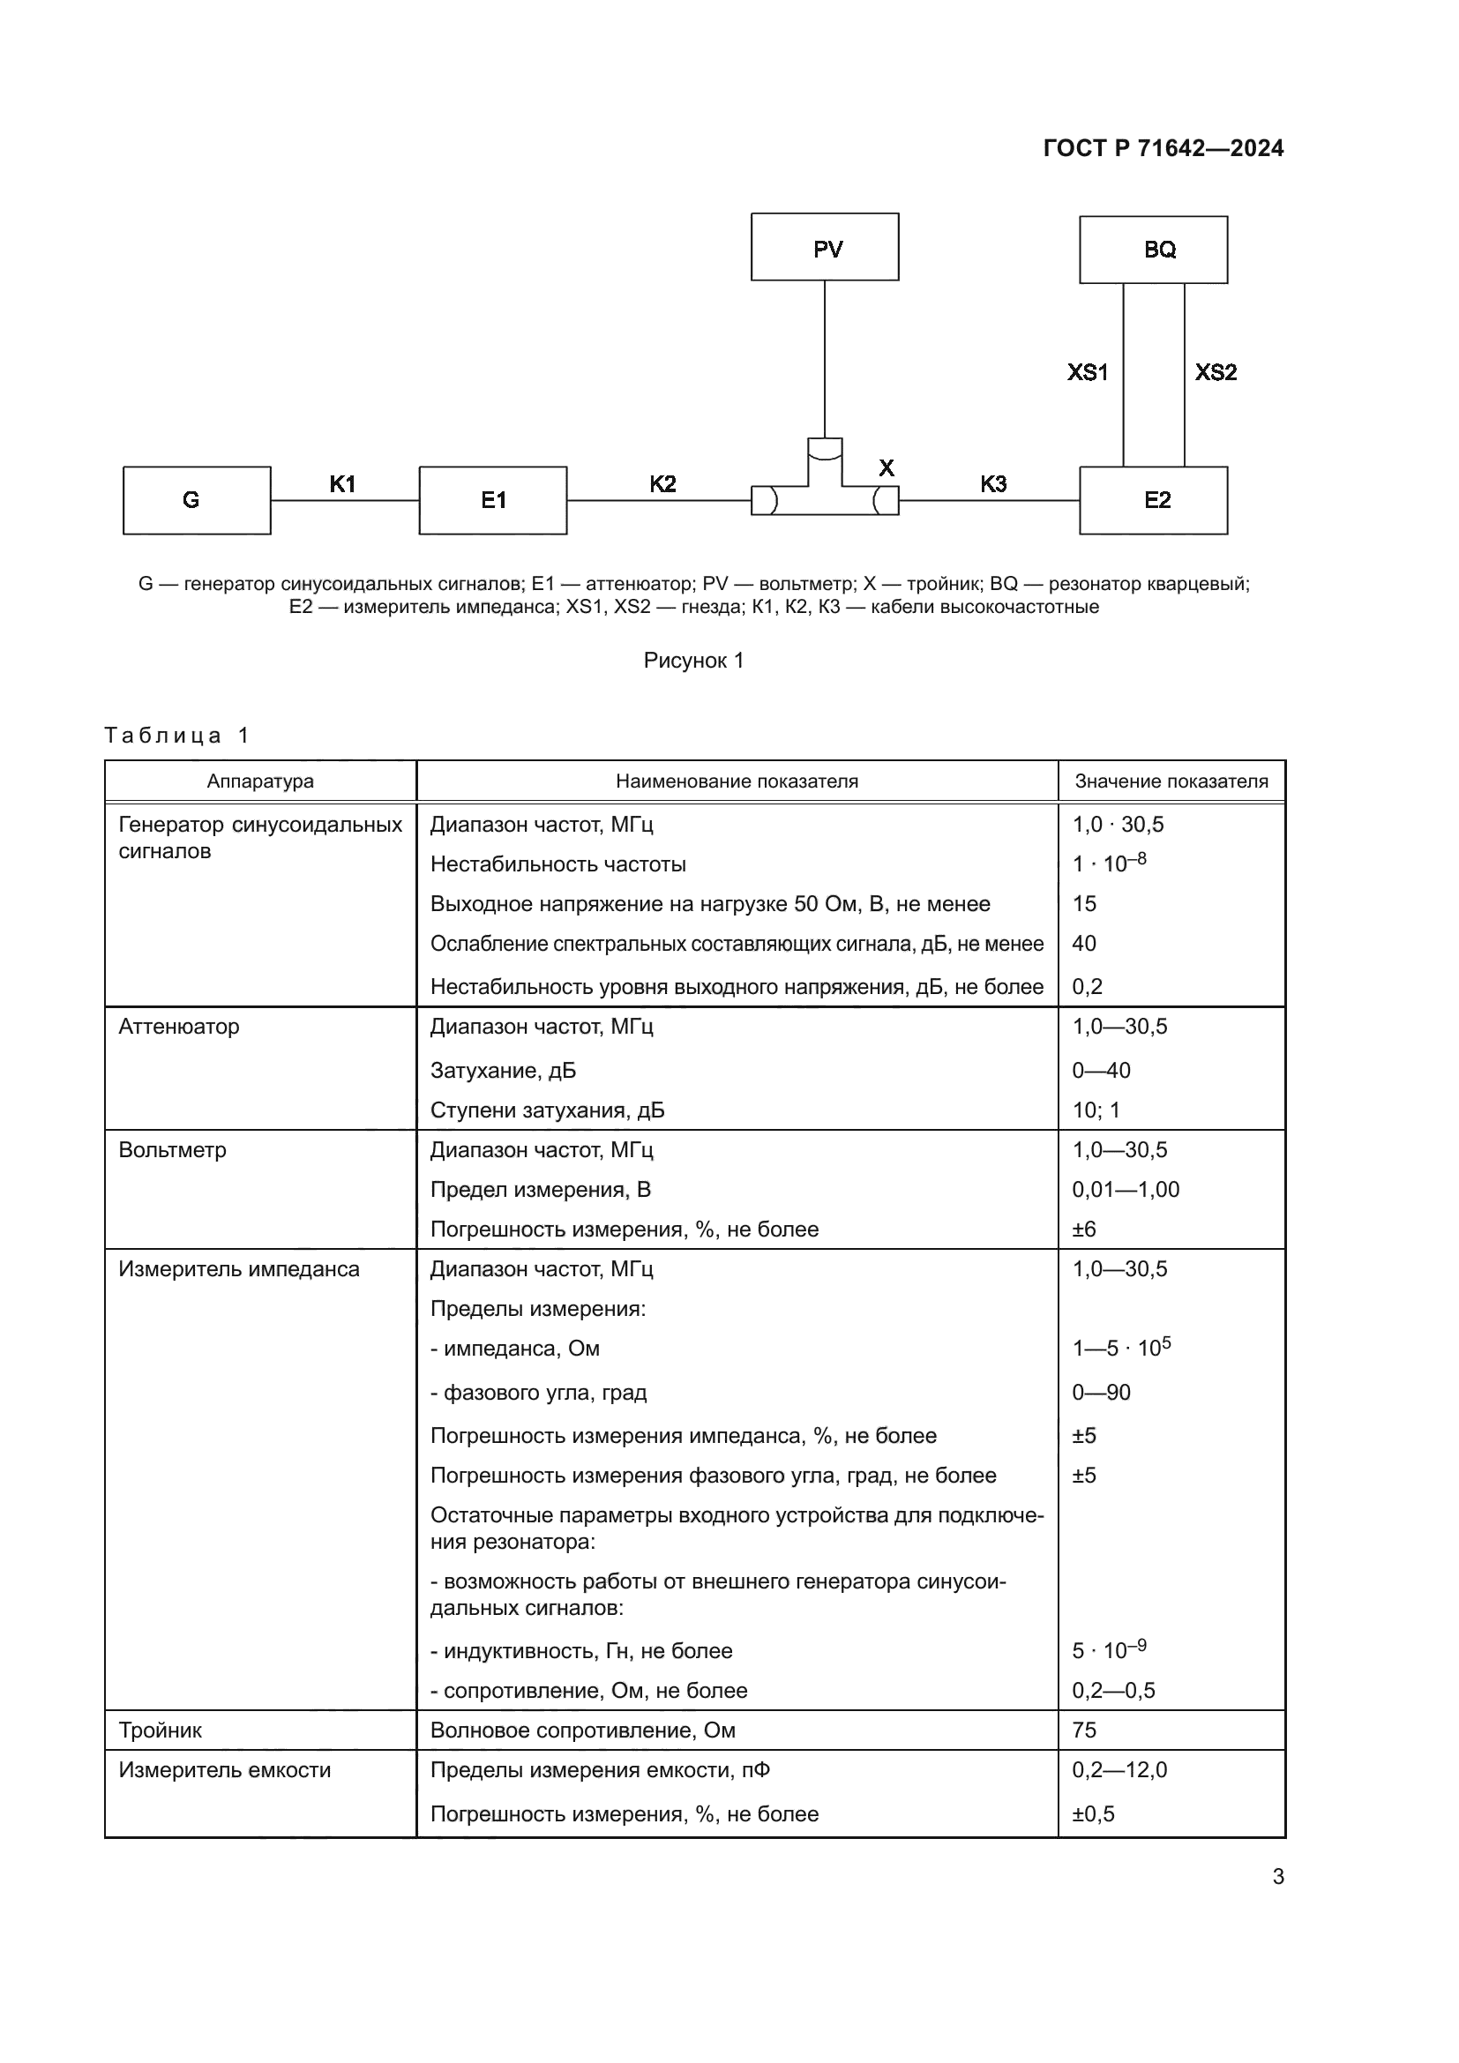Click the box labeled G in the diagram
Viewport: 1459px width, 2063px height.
[197, 500]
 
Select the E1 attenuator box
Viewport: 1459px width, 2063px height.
[492, 500]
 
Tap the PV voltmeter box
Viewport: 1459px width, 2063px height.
[825, 247]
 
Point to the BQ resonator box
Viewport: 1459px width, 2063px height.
[1153, 250]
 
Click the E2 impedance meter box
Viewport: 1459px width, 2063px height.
[1153, 500]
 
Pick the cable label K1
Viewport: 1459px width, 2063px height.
[342, 484]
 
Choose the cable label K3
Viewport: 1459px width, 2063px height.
[992, 484]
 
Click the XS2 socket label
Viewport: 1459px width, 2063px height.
[1216, 372]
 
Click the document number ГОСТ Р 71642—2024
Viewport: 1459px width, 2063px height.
[1163, 149]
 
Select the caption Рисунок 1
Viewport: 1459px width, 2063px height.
[693, 661]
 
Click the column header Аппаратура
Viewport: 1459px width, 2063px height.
[260, 781]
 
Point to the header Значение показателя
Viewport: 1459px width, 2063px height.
[1171, 781]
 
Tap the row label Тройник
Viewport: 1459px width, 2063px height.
[161, 1730]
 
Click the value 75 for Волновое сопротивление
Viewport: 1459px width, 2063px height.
[1084, 1730]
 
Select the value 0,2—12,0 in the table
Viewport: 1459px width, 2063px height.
[1119, 1769]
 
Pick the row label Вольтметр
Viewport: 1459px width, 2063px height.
[173, 1150]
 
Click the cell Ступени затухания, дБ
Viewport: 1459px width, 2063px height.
[547, 1110]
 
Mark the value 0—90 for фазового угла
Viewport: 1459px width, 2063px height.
[1102, 1392]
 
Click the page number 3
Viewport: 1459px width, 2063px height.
[1277, 1877]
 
